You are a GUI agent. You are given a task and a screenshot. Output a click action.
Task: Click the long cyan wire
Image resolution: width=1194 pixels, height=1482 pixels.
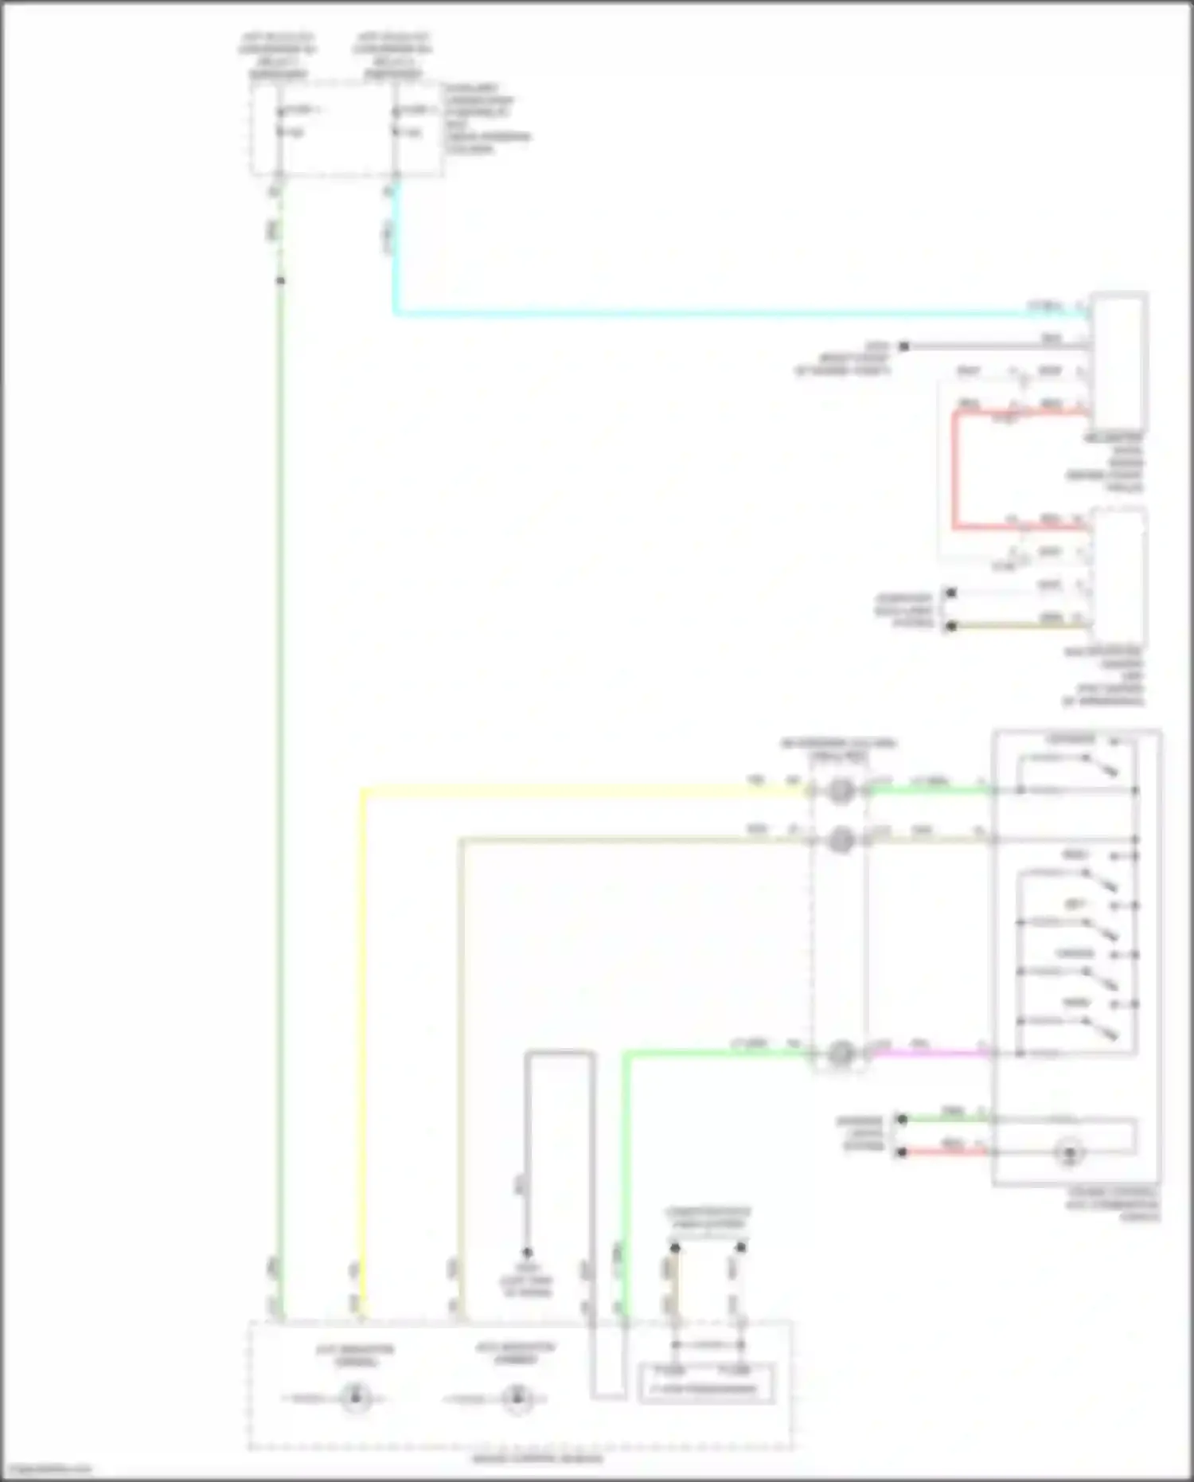pyautogui.click(x=716, y=313)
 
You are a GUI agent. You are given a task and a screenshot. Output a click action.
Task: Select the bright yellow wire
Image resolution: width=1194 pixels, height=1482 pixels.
pyautogui.click(x=363, y=1035)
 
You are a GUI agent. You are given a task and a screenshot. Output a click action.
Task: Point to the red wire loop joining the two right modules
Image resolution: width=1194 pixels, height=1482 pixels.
pyautogui.click(x=954, y=470)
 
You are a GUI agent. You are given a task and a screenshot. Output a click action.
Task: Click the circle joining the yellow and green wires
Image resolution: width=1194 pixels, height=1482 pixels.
pyautogui.click(x=841, y=791)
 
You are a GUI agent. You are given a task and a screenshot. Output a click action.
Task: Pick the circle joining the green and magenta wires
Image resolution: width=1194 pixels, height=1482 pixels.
pyautogui.click(x=841, y=1054)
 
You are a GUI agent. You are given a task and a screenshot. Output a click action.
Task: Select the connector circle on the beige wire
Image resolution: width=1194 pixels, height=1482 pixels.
pyautogui.click(x=841, y=840)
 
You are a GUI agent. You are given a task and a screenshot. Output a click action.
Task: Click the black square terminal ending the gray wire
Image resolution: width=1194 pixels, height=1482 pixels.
pyautogui.click(x=903, y=346)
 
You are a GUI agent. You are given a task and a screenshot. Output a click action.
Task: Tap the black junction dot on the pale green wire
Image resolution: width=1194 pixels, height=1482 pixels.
pyautogui.click(x=280, y=280)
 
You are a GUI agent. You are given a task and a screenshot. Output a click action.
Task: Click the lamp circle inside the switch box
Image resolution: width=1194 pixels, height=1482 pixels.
pyautogui.click(x=1070, y=1152)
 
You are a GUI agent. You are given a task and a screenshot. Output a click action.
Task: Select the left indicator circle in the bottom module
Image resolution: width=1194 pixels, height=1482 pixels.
pyautogui.click(x=356, y=1398)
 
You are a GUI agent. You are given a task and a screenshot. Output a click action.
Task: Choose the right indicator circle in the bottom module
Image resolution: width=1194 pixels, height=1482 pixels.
pyautogui.click(x=517, y=1398)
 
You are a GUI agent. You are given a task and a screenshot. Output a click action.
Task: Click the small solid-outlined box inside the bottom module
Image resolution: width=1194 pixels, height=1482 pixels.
pyautogui.click(x=706, y=1383)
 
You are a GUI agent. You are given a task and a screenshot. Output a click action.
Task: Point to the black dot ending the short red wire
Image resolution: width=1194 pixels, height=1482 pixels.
pyautogui.click(x=902, y=1152)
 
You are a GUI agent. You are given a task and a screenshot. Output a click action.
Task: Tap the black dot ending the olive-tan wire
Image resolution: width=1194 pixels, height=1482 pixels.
pyautogui.click(x=950, y=626)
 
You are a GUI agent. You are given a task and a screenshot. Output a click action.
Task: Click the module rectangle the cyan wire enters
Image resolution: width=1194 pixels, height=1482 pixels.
pyautogui.click(x=1119, y=362)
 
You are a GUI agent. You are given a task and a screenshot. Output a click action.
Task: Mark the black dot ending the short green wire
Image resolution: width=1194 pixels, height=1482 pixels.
pyautogui.click(x=902, y=1119)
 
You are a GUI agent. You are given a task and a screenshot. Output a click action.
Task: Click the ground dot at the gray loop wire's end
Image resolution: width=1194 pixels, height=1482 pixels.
pyautogui.click(x=527, y=1253)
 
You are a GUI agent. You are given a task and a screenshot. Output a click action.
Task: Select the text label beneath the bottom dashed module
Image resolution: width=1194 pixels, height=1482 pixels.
pyautogui.click(x=538, y=1460)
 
